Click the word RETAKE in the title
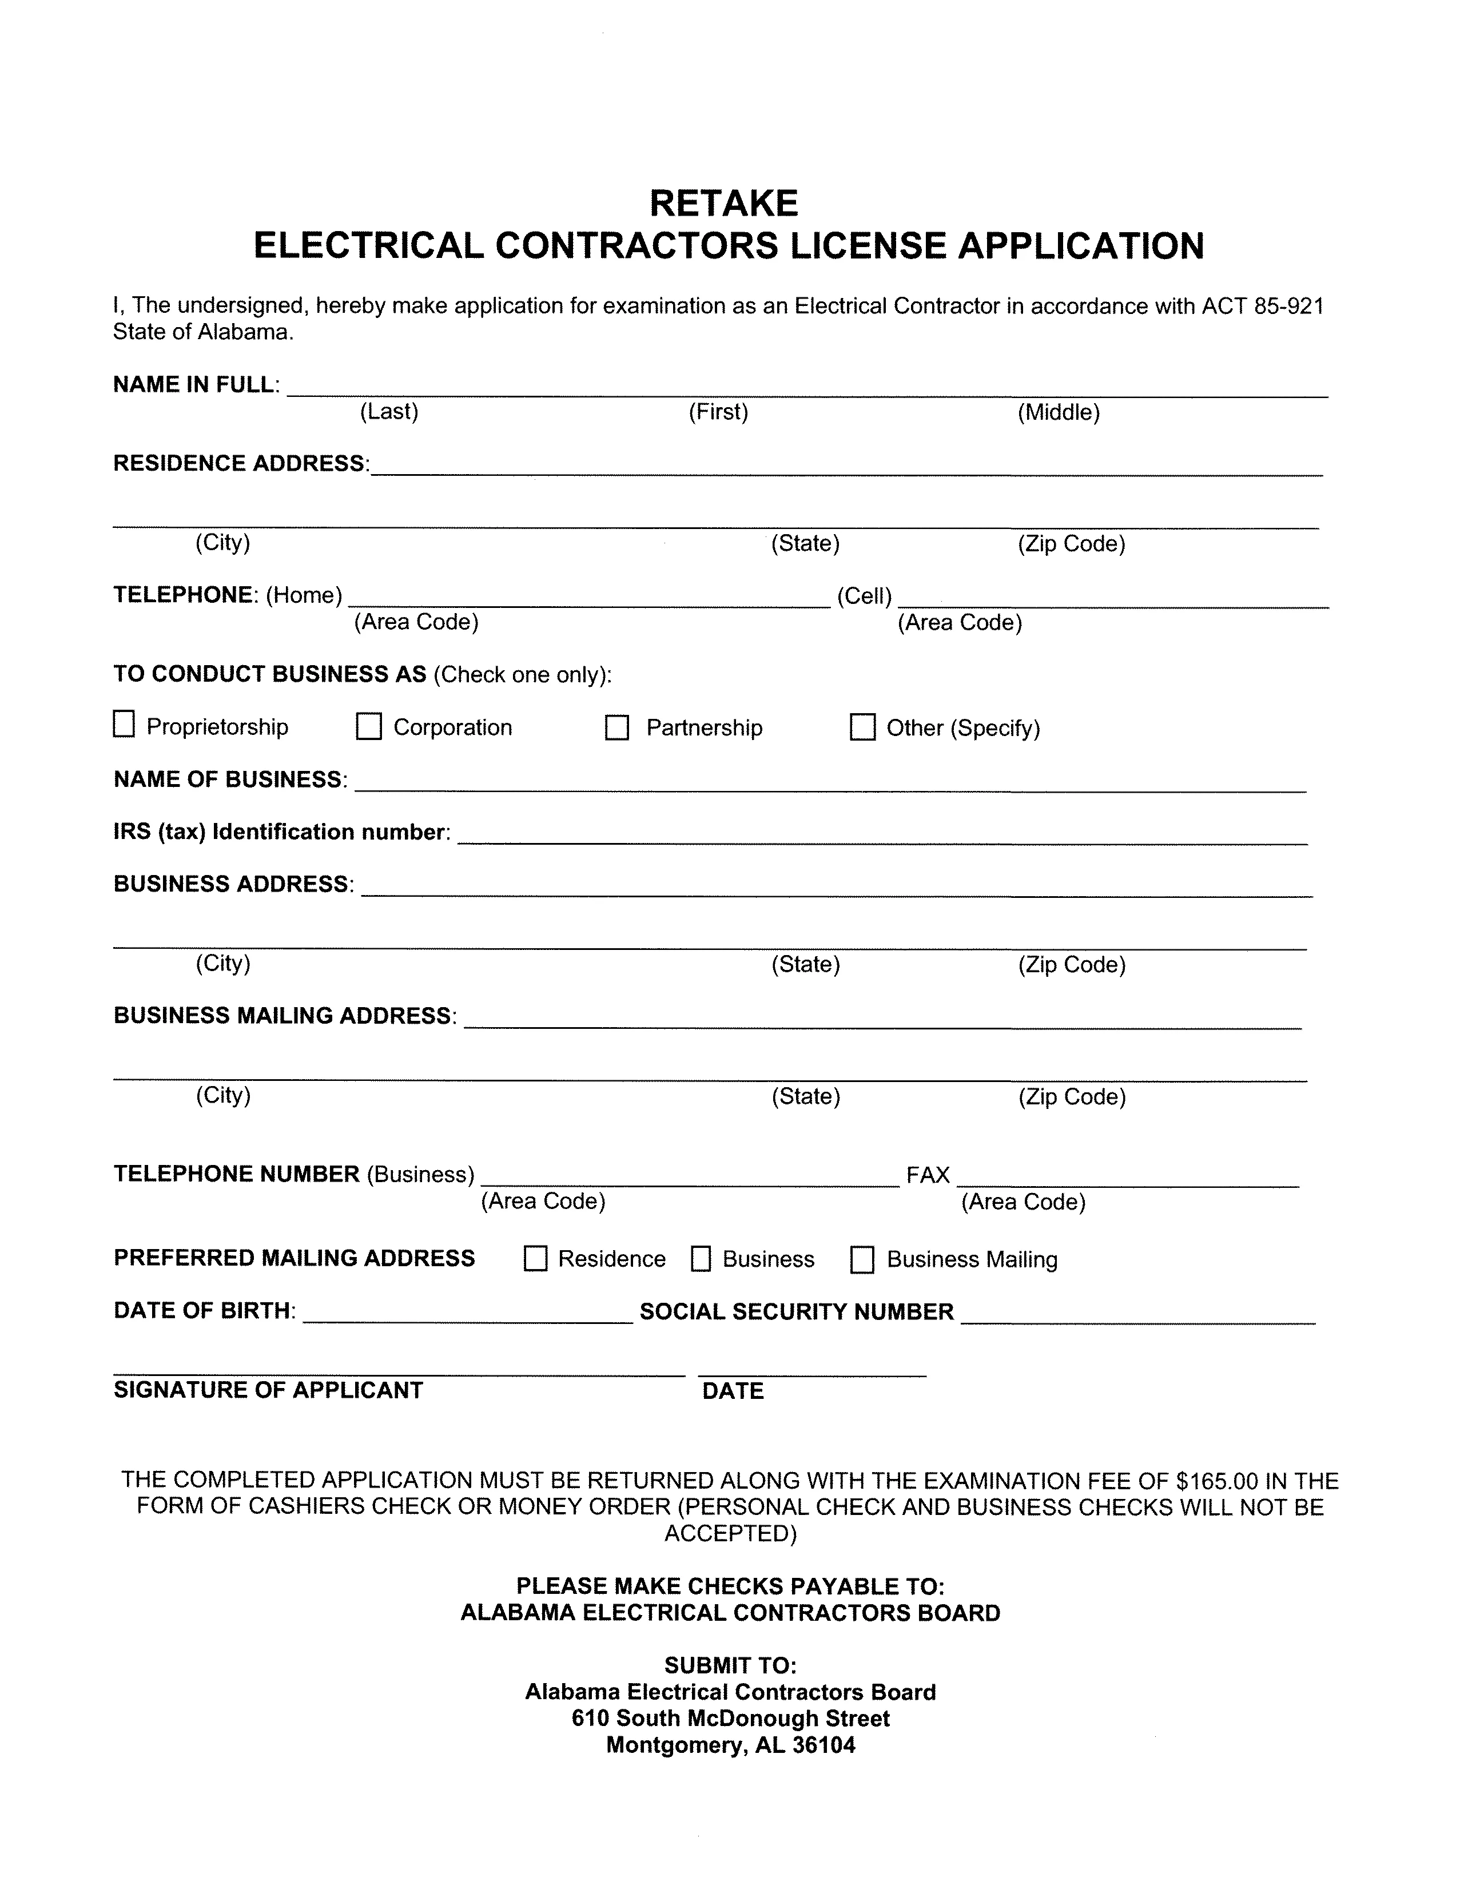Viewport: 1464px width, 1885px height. (x=723, y=204)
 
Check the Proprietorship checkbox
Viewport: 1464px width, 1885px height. (x=124, y=724)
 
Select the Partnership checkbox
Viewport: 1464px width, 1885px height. (x=616, y=727)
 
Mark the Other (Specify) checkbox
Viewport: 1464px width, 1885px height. (x=862, y=727)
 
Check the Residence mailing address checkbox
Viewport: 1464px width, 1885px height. (x=535, y=1259)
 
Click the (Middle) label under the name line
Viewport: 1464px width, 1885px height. (x=1059, y=412)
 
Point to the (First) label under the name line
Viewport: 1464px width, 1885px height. (x=718, y=412)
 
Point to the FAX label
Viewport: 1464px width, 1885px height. (x=928, y=1175)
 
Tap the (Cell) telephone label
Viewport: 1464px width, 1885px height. (x=864, y=595)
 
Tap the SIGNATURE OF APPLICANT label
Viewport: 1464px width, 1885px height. (x=268, y=1390)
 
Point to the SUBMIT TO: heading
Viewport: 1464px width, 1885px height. (x=730, y=1665)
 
